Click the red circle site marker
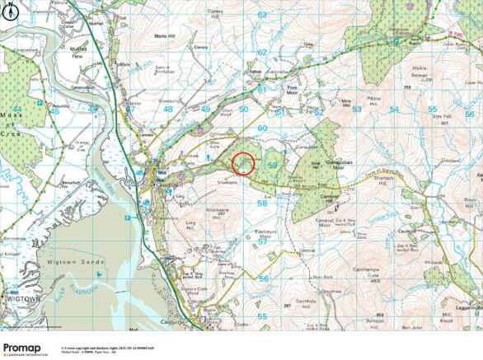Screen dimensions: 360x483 (243, 164)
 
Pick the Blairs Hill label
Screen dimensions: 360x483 (166, 37)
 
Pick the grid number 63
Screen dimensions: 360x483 (262, 15)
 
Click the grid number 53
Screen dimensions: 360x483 (356, 109)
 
